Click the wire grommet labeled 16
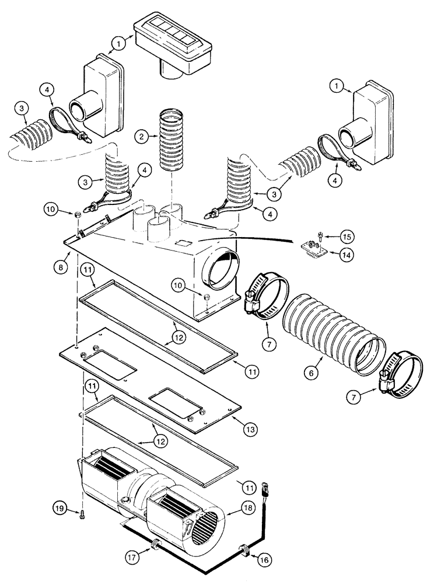244,550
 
